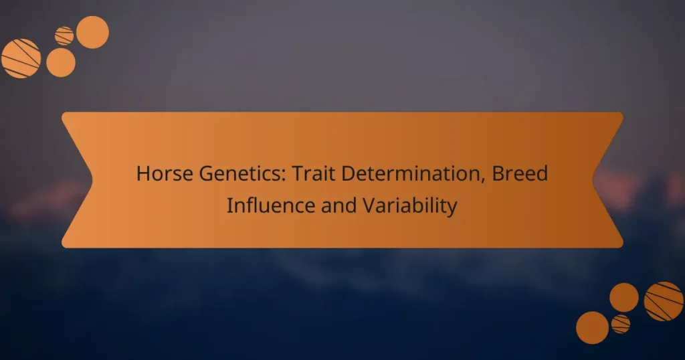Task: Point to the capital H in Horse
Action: tap(142, 174)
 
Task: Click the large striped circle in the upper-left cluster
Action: tap(21, 58)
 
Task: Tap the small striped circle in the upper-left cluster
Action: tap(64, 35)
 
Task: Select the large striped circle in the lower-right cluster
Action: tap(664, 301)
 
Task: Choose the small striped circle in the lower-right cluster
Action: tap(621, 324)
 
